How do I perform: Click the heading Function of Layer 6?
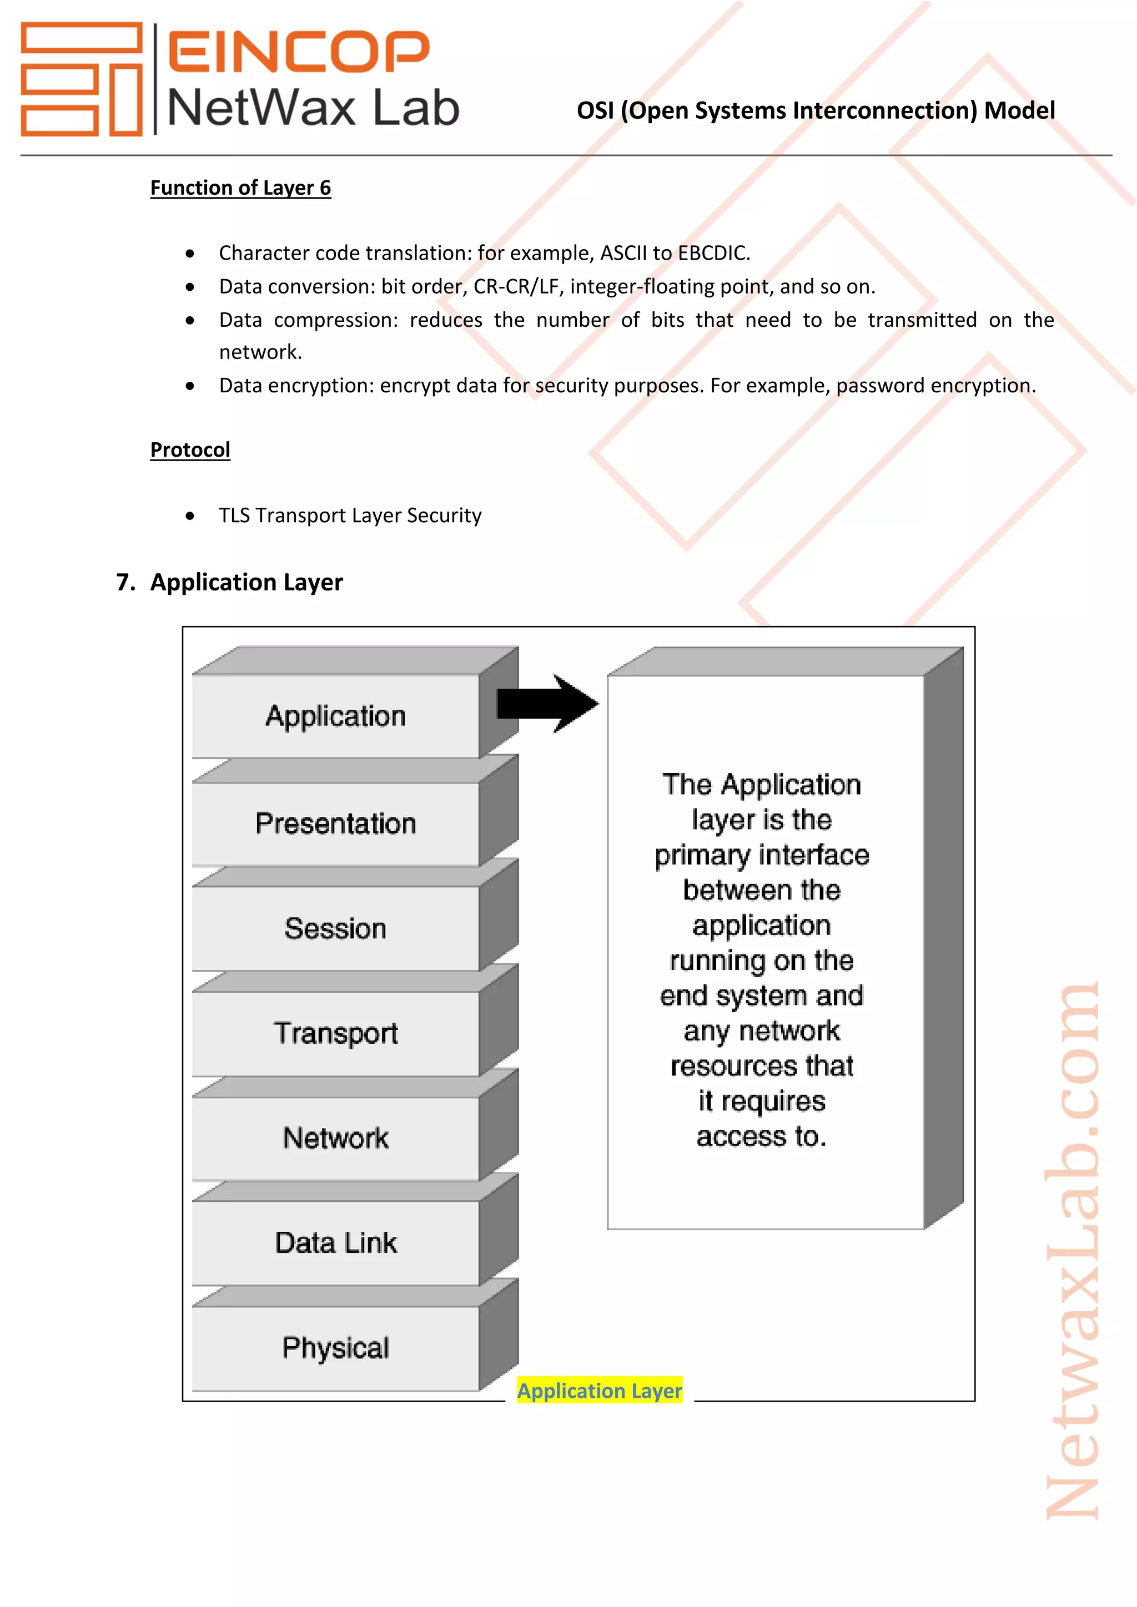[240, 188]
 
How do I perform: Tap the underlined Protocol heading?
[190, 449]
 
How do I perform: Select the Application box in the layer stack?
[335, 716]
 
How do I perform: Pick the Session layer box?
[335, 929]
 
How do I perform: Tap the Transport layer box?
[335, 1034]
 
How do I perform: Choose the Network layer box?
[335, 1139]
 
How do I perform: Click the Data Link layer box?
[335, 1244]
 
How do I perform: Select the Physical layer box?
[335, 1348]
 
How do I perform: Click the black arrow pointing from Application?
[547, 704]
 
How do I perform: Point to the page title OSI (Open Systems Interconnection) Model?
[816, 110]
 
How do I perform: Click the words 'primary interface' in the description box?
[762, 855]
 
